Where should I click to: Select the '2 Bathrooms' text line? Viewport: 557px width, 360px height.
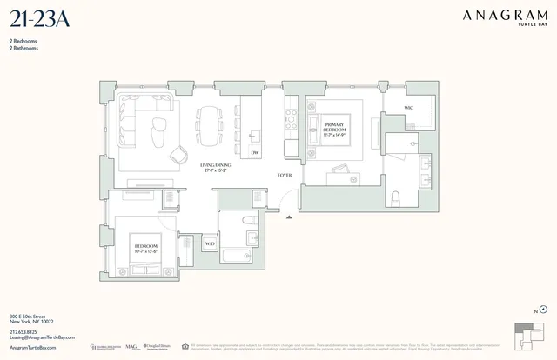point(24,48)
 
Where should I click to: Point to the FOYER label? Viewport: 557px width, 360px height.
point(284,175)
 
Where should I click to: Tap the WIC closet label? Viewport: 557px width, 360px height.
point(407,108)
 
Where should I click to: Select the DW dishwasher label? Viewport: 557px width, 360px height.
point(254,153)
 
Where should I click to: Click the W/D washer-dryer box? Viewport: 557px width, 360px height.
point(209,244)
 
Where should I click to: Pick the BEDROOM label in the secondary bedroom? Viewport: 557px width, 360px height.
point(145,248)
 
